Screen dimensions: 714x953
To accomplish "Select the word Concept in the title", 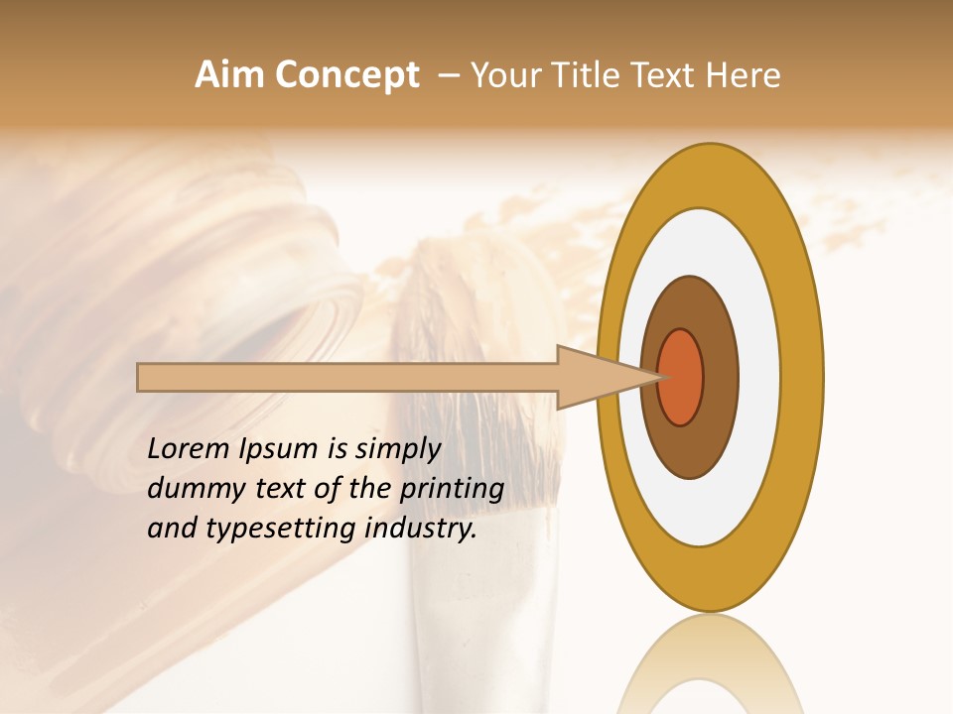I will click(347, 75).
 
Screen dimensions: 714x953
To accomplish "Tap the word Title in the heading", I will click(586, 75).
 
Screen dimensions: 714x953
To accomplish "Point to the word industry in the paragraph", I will click(421, 529).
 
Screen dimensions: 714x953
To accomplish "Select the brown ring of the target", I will click(717, 377).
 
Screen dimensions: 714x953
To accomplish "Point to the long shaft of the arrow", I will click(347, 377).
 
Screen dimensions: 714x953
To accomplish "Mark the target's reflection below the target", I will click(710, 664).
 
